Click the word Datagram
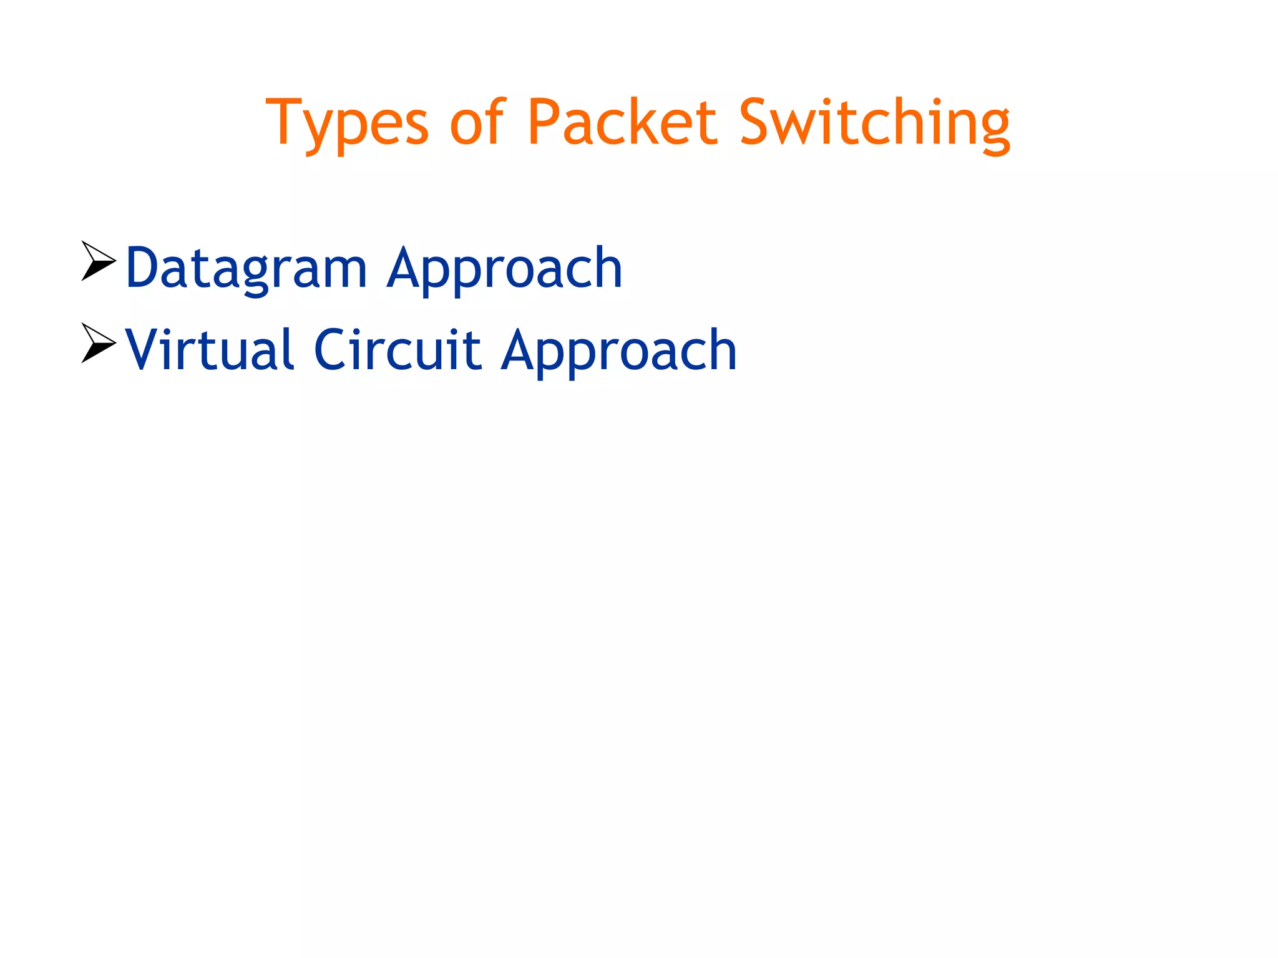tap(246, 269)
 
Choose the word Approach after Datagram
tap(504, 269)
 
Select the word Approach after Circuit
tap(619, 351)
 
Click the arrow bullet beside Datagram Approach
tap(98, 261)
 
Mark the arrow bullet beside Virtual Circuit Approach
tap(98, 342)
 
